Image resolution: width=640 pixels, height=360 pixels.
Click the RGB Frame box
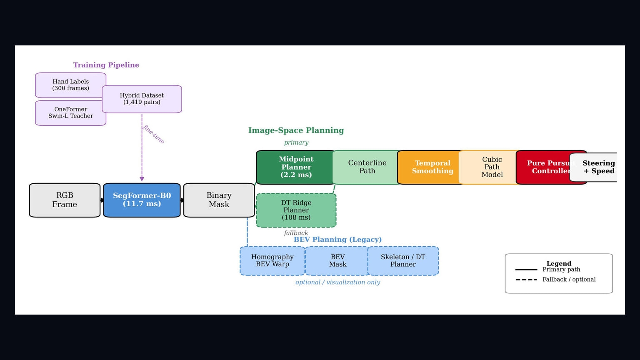pyautogui.click(x=65, y=200)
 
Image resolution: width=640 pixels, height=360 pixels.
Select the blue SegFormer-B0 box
pyautogui.click(x=142, y=200)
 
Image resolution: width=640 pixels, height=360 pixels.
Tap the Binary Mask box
pyautogui.click(x=219, y=200)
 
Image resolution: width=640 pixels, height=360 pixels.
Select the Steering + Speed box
pyautogui.click(x=594, y=167)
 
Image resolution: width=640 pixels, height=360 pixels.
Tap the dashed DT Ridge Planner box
pyautogui.click(x=296, y=210)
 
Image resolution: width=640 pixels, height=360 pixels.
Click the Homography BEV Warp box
pyautogui.click(x=272, y=260)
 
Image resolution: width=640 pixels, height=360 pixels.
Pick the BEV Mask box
pyautogui.click(x=337, y=260)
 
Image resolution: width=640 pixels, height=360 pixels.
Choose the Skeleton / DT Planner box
pyautogui.click(x=403, y=260)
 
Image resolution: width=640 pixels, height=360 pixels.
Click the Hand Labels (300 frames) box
pyautogui.click(x=70, y=85)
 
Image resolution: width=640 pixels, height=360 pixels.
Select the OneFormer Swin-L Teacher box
pyautogui.click(x=70, y=112)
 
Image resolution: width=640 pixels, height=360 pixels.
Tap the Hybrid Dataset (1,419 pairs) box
pyautogui.click(x=142, y=99)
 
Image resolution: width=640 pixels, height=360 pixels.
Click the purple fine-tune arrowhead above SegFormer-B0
pyautogui.click(x=142, y=179)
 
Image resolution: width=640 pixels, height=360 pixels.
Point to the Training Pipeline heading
pyautogui.click(x=106, y=65)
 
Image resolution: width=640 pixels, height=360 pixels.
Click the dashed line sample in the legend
pyautogui.click(x=526, y=280)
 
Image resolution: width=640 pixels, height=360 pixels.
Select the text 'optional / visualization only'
pyautogui.click(x=338, y=282)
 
